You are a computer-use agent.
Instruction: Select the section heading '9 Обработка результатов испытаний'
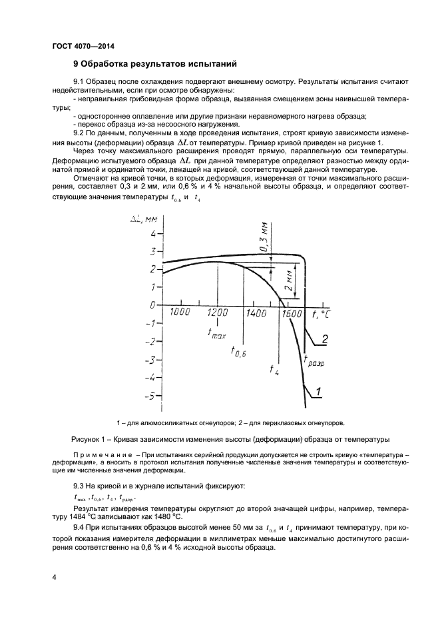click(x=154, y=65)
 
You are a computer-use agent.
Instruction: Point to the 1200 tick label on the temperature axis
click(x=217, y=312)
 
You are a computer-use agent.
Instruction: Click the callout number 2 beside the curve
click(x=325, y=340)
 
